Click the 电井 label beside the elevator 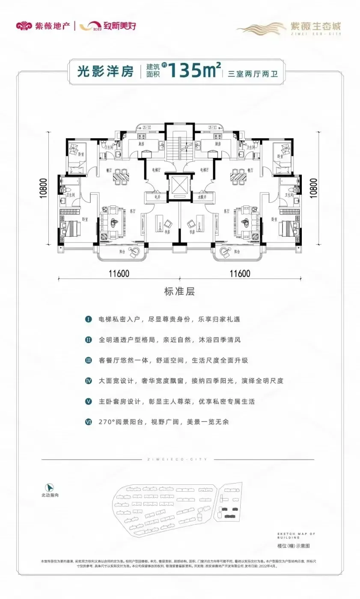point(158,197)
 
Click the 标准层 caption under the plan point(179,292)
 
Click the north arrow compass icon point(50,486)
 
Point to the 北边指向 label point(50,495)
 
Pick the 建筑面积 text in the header point(153,70)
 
